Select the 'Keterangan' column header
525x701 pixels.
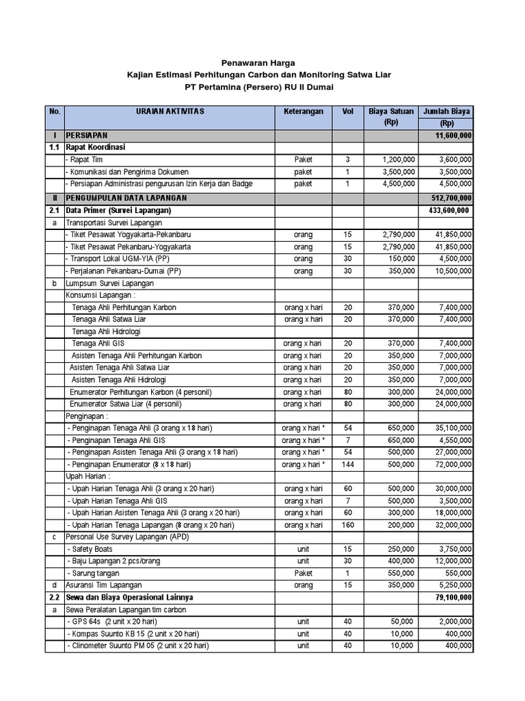(x=303, y=111)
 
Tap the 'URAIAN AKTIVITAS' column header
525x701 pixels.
(x=170, y=111)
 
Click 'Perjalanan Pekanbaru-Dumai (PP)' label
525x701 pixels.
(x=121, y=270)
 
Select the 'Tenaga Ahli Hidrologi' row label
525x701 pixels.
(x=106, y=331)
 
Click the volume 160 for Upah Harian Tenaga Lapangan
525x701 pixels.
(x=347, y=525)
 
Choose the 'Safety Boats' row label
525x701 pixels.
(x=90, y=549)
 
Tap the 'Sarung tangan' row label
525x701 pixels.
(x=94, y=573)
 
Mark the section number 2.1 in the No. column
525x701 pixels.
(x=54, y=209)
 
